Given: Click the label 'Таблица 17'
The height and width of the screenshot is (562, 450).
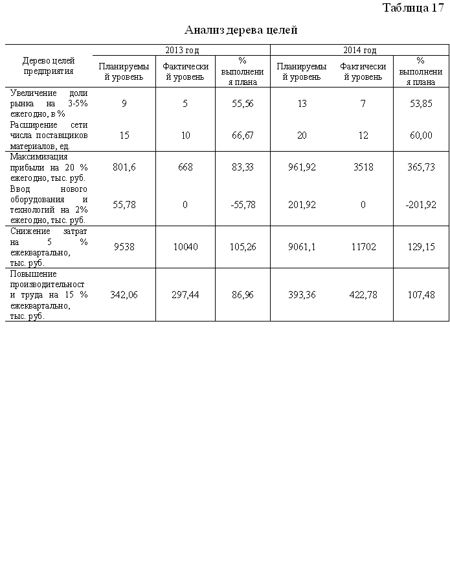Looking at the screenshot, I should click(413, 8).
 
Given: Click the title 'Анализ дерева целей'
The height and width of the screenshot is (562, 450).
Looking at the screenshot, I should click(241, 30).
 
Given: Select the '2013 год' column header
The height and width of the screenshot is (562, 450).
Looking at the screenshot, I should click(182, 50).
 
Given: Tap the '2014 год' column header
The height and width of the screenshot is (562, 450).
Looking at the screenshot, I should click(359, 50).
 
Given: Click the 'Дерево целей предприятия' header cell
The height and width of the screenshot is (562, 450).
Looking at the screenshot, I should click(49, 66).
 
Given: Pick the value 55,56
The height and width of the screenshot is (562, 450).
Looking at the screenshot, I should click(242, 104).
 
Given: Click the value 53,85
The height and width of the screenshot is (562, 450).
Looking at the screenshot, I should click(422, 104).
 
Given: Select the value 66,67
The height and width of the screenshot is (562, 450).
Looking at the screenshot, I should click(242, 135).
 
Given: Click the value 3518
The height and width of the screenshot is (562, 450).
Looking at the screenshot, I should click(363, 167).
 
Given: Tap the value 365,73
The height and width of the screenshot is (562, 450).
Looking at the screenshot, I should click(422, 167).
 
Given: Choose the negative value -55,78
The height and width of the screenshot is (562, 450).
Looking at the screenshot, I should click(242, 204).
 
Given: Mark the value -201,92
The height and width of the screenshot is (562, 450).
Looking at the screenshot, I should click(421, 204).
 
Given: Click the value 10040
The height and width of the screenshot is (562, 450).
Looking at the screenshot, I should click(185, 246).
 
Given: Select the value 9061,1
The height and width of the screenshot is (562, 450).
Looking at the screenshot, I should click(302, 246).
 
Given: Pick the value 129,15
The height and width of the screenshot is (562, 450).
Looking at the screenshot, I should click(422, 246).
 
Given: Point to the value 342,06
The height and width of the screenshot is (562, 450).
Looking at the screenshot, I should click(124, 294).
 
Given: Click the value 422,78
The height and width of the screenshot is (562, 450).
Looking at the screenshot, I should click(363, 294).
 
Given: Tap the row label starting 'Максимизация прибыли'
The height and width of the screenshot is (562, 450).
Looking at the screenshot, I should click(49, 167).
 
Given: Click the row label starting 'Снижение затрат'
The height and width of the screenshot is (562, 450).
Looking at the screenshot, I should click(49, 246).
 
